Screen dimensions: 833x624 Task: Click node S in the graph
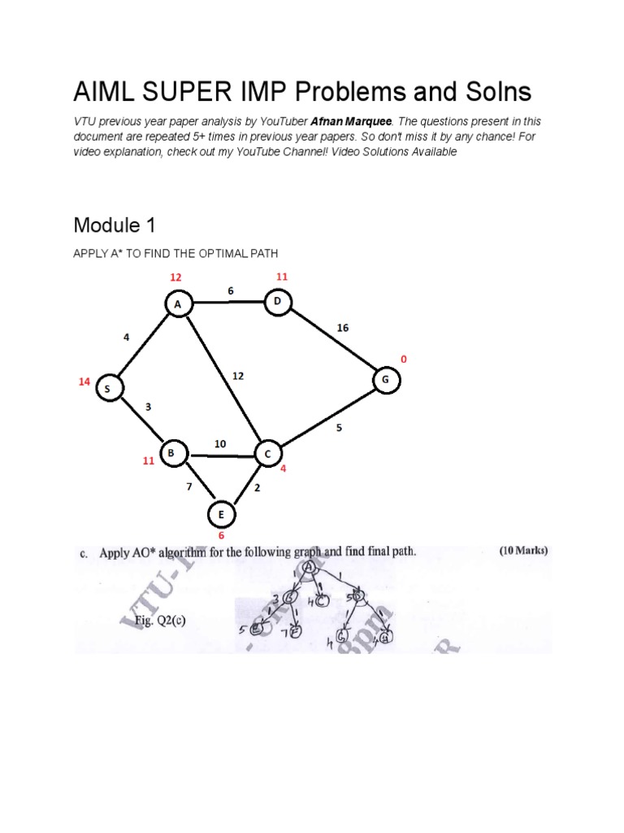point(107,389)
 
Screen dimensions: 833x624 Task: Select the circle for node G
point(386,380)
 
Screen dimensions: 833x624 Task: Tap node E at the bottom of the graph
point(219,515)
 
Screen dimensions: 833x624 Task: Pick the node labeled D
point(277,302)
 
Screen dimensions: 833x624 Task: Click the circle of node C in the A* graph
point(267,453)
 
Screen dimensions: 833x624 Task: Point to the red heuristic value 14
point(84,381)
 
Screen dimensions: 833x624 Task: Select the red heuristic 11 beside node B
point(149,461)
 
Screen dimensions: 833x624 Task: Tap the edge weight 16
point(343,328)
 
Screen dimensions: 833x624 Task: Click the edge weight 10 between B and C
point(220,443)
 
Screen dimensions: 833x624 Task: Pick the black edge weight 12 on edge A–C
point(237,377)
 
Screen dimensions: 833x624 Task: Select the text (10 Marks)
point(523,551)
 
